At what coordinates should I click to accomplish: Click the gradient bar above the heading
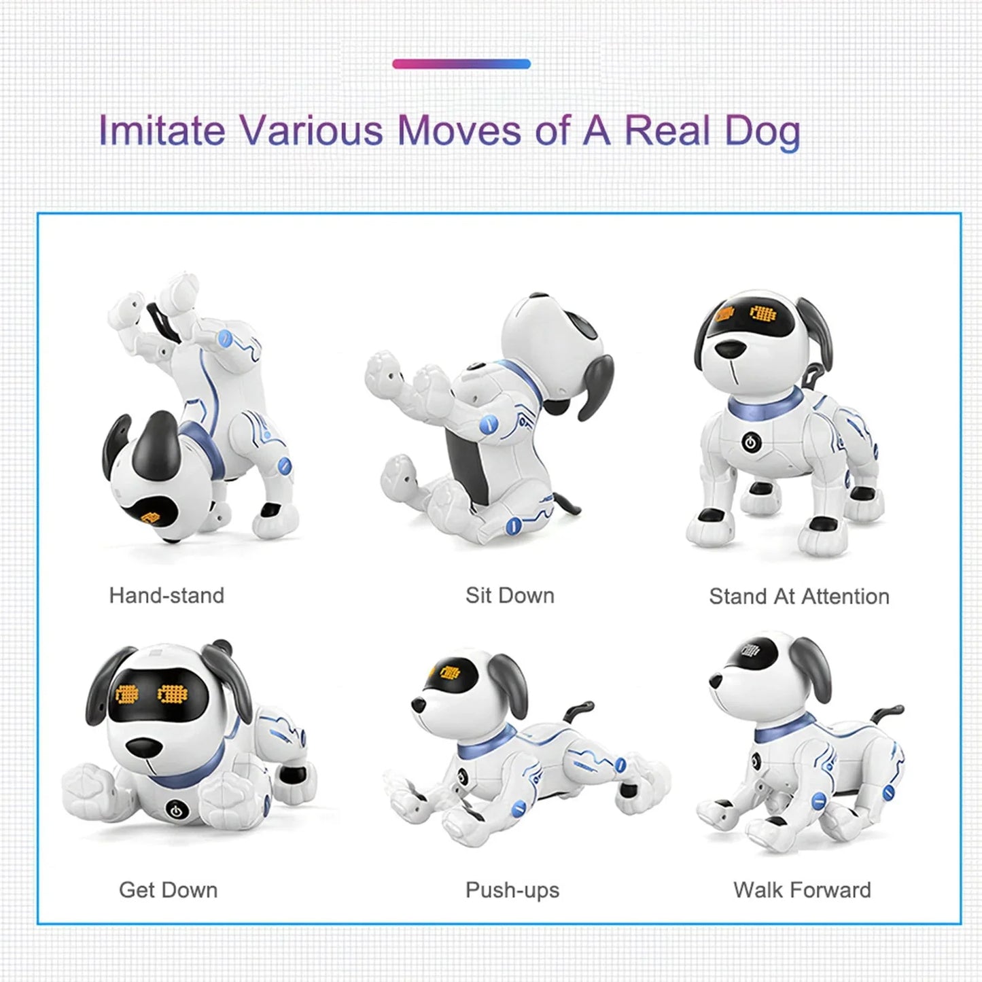pyautogui.click(x=461, y=64)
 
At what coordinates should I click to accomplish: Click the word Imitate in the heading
pyautogui.click(x=162, y=130)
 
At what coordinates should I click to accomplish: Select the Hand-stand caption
pyautogui.click(x=166, y=595)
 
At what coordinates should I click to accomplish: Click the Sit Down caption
pyautogui.click(x=510, y=595)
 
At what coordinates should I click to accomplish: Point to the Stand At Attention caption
pyautogui.click(x=799, y=596)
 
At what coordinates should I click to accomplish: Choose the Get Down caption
pyautogui.click(x=168, y=890)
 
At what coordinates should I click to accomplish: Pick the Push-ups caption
pyautogui.click(x=512, y=890)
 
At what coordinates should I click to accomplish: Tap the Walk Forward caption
pyautogui.click(x=802, y=890)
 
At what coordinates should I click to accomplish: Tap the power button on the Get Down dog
pyautogui.click(x=175, y=810)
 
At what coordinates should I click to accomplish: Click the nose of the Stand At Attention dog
pyautogui.click(x=729, y=348)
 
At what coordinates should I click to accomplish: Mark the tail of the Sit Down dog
pyautogui.click(x=569, y=503)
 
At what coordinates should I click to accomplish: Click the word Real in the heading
pyautogui.click(x=667, y=130)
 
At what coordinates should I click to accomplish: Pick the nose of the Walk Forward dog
pyautogui.click(x=716, y=680)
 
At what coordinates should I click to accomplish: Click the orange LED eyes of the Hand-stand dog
pyautogui.click(x=151, y=516)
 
